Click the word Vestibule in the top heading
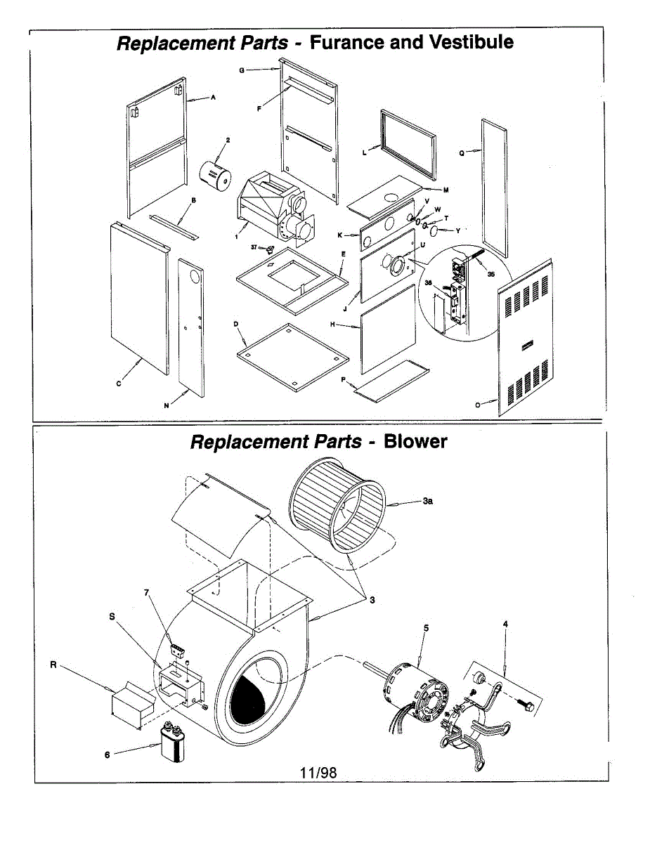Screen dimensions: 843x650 471,42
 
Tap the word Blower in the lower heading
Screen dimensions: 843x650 415,441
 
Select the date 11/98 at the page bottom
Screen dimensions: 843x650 318,773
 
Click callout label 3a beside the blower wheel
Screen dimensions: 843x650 428,501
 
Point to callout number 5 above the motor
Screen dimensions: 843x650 426,627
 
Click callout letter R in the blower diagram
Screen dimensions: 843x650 53,665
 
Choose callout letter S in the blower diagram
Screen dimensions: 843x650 112,615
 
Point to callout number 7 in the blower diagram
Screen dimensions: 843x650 147,592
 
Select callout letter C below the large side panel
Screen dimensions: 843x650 119,384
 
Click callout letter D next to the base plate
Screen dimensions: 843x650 236,324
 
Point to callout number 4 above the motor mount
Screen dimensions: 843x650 505,623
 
